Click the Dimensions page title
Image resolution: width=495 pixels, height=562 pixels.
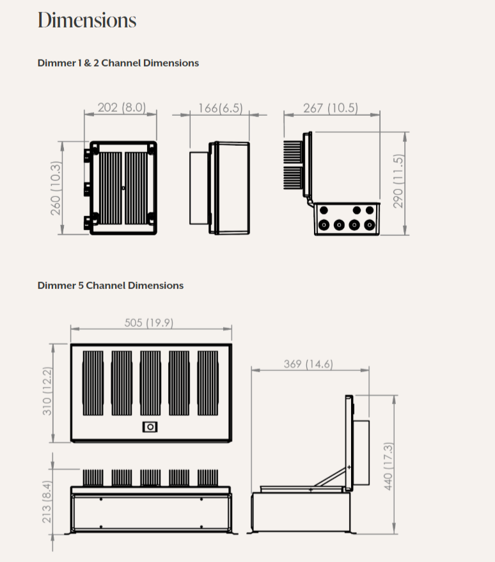coord(87,20)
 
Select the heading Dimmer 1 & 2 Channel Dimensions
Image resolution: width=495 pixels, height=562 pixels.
coord(118,63)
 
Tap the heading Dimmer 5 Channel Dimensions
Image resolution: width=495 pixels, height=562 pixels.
coord(111,286)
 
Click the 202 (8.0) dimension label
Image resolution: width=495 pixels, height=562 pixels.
coord(122,107)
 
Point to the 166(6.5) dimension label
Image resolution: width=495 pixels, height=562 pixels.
coord(221,108)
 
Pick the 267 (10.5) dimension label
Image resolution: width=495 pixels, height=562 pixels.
coord(331,108)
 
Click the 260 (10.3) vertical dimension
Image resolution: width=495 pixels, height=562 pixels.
coord(56,189)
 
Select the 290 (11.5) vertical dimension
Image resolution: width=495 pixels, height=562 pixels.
coord(398,181)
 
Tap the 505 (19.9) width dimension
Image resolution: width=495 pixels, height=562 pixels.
coord(149,323)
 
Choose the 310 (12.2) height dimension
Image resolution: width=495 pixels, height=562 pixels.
coord(47,391)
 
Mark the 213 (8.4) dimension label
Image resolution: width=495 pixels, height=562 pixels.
coord(47,502)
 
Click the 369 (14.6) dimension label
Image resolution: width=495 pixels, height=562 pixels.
coord(308,364)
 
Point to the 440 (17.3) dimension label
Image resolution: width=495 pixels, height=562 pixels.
coord(388,466)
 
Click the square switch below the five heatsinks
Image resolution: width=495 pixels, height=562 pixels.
coord(150,427)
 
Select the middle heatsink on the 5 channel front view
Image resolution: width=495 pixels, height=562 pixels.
coord(150,383)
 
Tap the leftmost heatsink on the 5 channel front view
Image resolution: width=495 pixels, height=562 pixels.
coord(93,383)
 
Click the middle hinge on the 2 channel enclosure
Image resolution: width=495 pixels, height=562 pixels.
coord(88,189)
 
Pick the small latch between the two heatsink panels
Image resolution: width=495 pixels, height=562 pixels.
coord(123,188)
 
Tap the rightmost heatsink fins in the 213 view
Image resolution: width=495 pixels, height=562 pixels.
coord(208,478)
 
